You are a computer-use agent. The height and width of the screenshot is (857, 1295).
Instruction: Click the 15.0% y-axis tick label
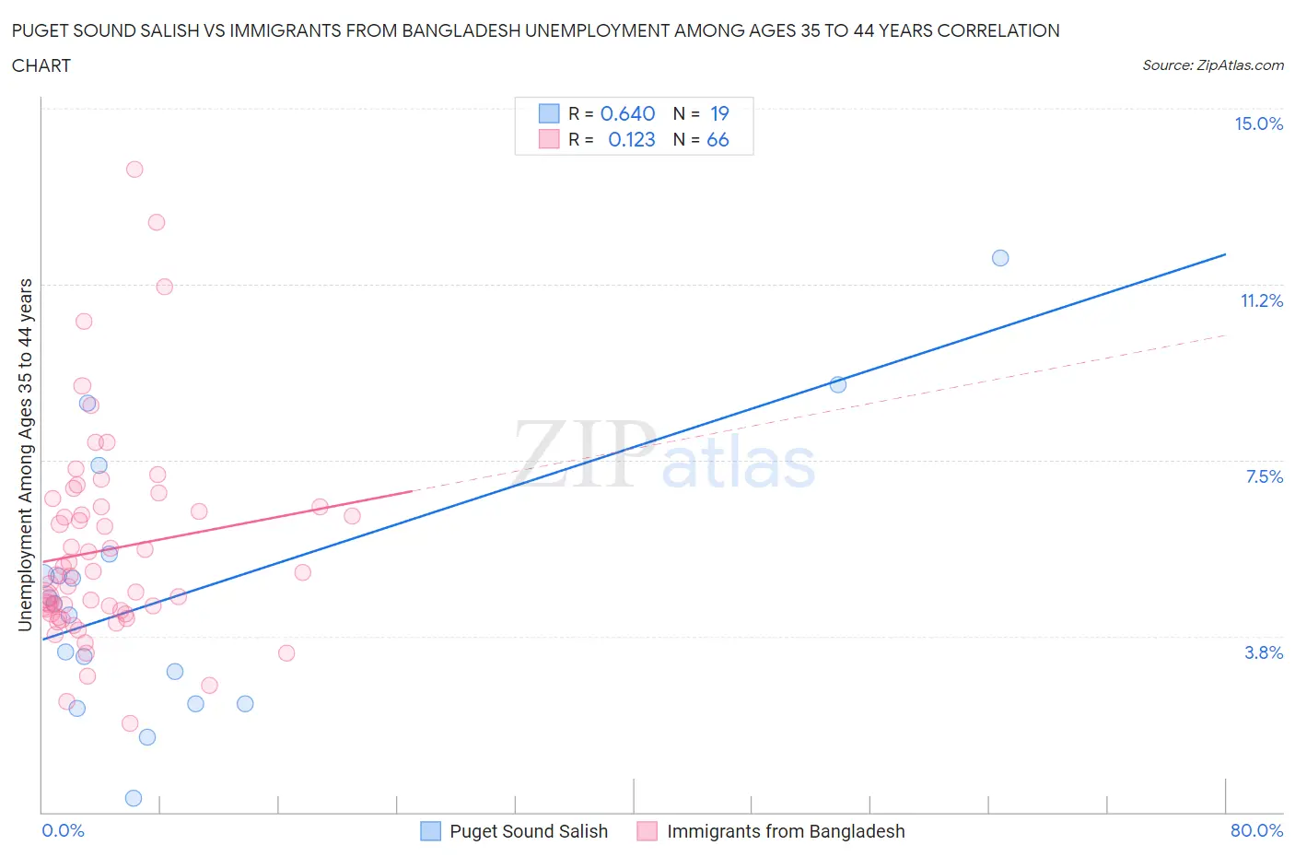[x=1258, y=123]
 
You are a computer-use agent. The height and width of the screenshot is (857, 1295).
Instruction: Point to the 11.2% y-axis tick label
[x=1261, y=300]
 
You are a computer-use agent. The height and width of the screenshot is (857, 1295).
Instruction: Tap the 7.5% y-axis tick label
[x=1264, y=476]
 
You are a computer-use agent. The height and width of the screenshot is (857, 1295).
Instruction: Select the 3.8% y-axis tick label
[x=1264, y=652]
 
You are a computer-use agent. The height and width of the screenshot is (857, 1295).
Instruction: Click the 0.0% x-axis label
[x=63, y=830]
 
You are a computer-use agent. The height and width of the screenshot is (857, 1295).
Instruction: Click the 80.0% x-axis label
[x=1256, y=830]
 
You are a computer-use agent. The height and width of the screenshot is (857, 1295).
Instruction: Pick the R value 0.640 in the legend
[x=627, y=113]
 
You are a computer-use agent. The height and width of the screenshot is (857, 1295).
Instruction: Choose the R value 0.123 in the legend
[x=632, y=139]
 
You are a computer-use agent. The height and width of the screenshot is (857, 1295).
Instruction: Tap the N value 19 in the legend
[x=719, y=113]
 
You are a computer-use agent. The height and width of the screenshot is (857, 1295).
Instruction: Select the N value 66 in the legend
[x=717, y=139]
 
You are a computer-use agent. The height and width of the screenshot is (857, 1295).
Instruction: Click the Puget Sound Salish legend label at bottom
[x=528, y=831]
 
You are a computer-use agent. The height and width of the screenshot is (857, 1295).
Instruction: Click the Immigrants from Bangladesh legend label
[x=786, y=831]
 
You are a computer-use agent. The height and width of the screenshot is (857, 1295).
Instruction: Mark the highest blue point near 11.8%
[x=1000, y=258]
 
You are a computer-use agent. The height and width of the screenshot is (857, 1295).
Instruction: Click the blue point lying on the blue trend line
[x=838, y=384]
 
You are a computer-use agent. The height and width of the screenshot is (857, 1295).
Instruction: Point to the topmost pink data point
[x=134, y=169]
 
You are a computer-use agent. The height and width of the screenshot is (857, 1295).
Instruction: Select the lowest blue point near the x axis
[x=134, y=798]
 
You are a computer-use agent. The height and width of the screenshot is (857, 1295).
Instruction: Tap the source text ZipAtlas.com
[x=1212, y=65]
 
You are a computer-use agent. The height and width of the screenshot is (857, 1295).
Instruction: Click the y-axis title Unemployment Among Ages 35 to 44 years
[x=26, y=454]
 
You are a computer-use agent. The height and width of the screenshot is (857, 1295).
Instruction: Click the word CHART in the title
[x=41, y=65]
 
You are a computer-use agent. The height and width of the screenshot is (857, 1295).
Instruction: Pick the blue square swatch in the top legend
[x=549, y=113]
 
